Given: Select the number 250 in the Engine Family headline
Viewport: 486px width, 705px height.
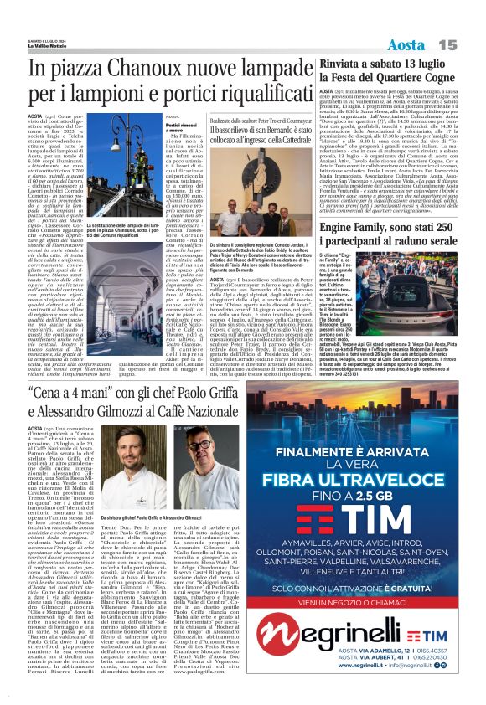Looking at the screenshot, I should [x=452, y=227].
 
